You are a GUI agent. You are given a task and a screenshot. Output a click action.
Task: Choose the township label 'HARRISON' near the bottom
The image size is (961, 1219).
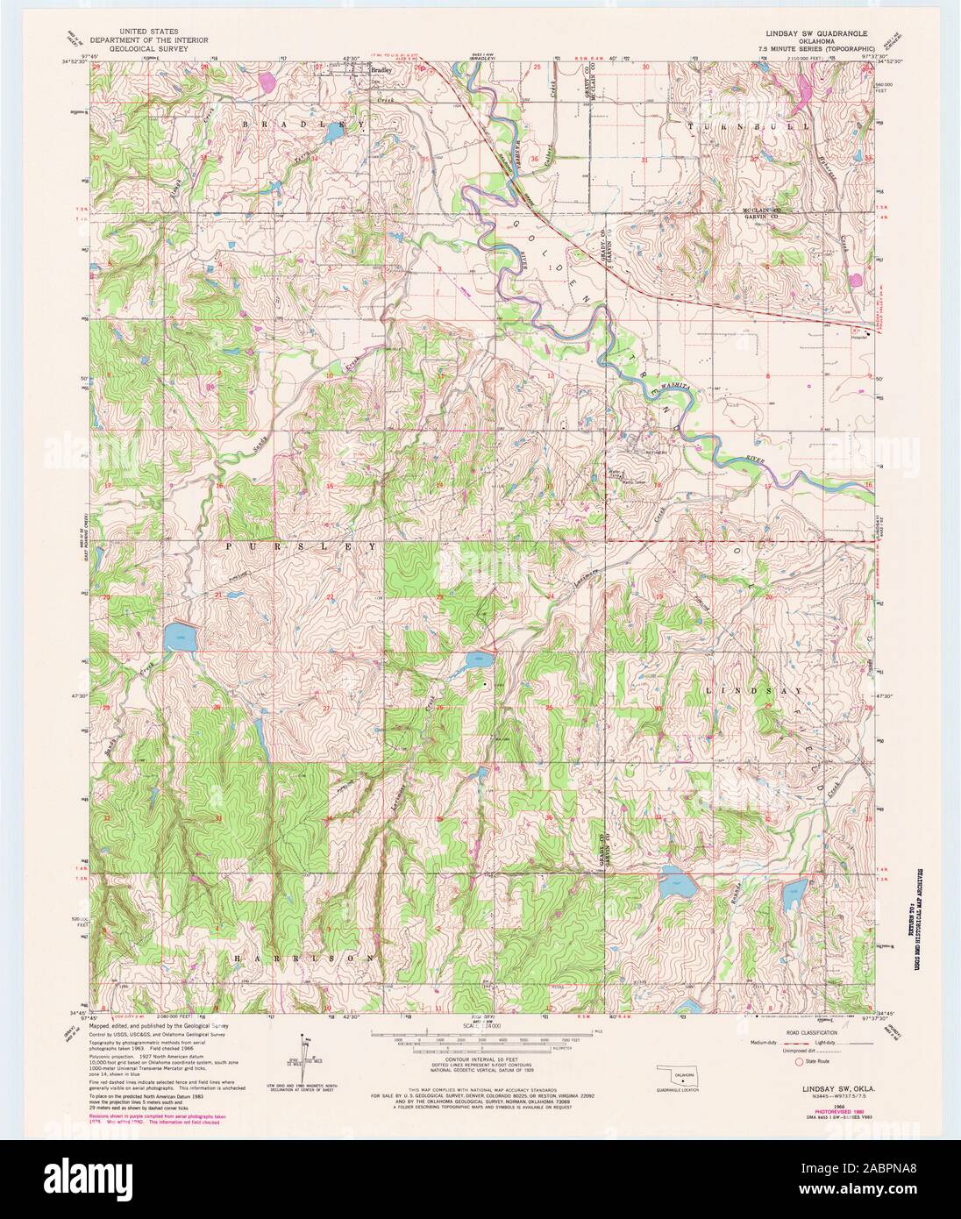pyautogui.click(x=308, y=959)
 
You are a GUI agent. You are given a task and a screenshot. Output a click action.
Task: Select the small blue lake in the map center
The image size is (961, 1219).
pyautogui.click(x=478, y=660)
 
